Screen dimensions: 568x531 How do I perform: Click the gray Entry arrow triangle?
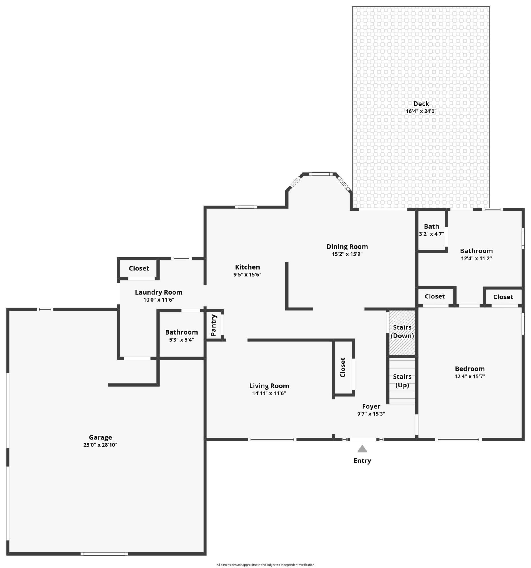click(362, 449)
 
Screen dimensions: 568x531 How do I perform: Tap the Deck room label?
click(421, 104)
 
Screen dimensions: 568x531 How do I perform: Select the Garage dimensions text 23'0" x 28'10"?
click(100, 445)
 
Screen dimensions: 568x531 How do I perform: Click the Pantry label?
click(214, 325)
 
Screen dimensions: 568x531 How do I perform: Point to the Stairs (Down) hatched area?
click(402, 332)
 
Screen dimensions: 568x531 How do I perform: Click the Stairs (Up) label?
click(402, 381)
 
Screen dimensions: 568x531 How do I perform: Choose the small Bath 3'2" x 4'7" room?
click(431, 230)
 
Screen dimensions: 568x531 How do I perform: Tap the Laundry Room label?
click(158, 292)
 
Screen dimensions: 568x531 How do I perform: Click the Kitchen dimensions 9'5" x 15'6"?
click(247, 275)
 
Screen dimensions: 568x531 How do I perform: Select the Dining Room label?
click(347, 247)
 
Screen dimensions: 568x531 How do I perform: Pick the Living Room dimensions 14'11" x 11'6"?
click(269, 393)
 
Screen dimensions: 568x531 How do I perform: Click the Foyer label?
click(371, 406)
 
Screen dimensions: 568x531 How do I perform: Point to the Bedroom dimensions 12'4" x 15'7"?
click(470, 376)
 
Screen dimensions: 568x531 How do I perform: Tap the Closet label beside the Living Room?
click(343, 367)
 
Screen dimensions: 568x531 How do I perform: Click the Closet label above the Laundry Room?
click(139, 268)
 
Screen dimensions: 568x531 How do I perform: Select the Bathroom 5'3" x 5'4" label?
click(181, 332)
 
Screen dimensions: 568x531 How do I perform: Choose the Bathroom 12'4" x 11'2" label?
click(476, 251)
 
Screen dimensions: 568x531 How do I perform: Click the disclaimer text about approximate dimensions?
click(265, 565)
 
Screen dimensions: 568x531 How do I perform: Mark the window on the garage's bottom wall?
click(104, 554)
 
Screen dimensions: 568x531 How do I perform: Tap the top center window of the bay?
click(320, 174)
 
